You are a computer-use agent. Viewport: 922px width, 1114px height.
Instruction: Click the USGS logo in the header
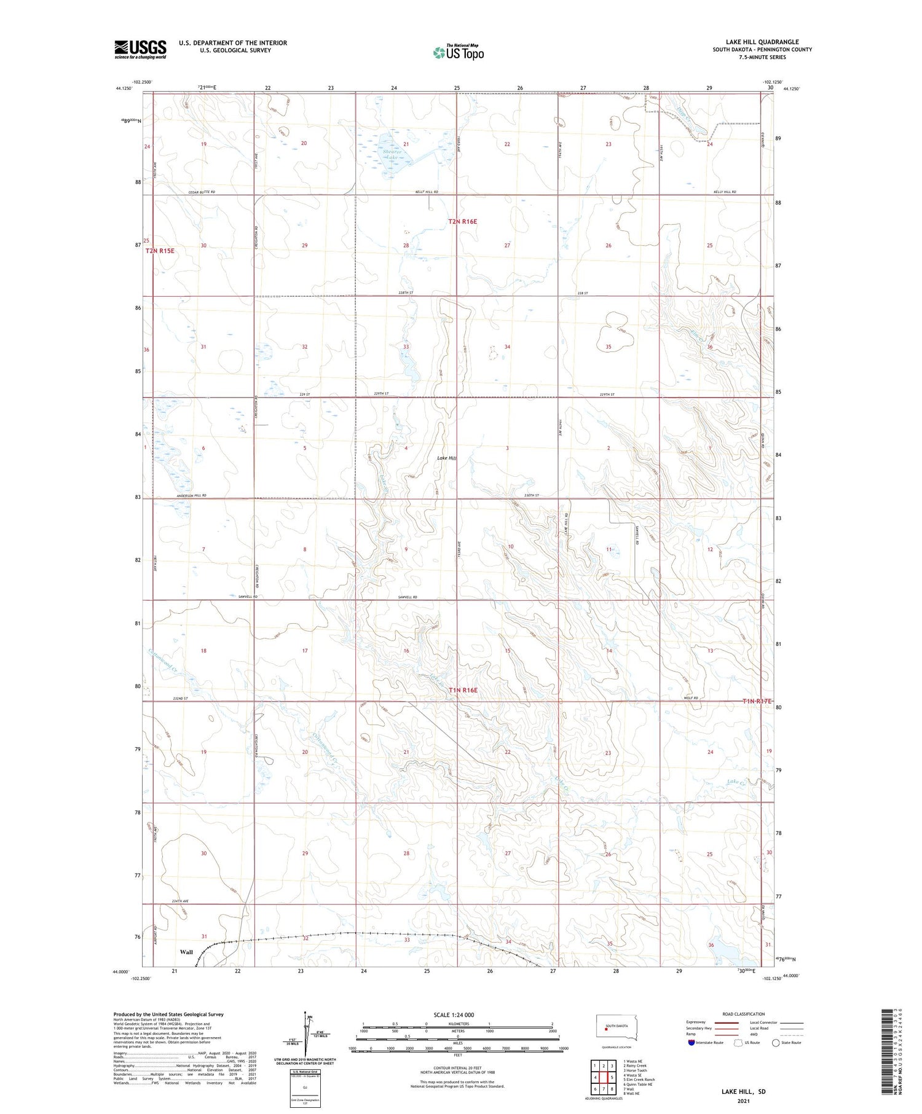click(x=140, y=49)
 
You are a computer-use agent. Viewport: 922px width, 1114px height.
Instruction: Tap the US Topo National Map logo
click(x=458, y=52)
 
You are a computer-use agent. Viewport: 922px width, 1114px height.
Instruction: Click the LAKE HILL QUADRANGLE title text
click(x=762, y=42)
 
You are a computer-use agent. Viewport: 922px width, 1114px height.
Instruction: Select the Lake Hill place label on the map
click(x=447, y=458)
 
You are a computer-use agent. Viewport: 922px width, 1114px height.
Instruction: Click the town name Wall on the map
click(x=186, y=952)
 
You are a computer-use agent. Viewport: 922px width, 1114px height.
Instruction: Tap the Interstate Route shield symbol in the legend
click(x=691, y=1042)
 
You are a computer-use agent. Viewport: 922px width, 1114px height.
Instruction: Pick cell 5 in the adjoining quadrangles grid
click(x=612, y=1078)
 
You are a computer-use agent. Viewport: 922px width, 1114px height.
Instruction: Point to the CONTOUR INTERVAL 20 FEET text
click(x=457, y=1069)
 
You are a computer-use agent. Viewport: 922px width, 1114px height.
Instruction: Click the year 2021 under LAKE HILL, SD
click(x=744, y=1100)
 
